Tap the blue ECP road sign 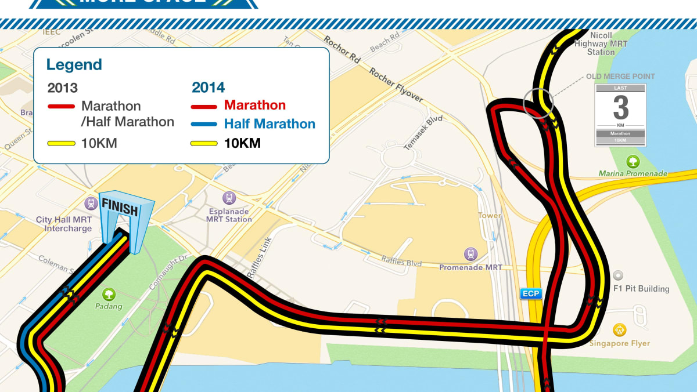pos(530,293)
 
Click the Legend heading pos(74,64)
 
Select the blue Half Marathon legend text pos(270,124)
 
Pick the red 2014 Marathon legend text pos(254,106)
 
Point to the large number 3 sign pos(620,108)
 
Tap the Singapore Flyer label pos(619,343)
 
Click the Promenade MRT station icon pos(470,253)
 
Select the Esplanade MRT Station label pos(229,215)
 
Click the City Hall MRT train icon pos(90,203)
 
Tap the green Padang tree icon pos(109,294)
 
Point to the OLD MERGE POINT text pos(620,76)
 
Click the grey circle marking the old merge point pos(538,103)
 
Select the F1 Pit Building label pos(641,289)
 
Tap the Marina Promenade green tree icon pos(633,162)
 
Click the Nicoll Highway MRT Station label pos(601,44)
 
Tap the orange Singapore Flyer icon pos(620,330)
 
